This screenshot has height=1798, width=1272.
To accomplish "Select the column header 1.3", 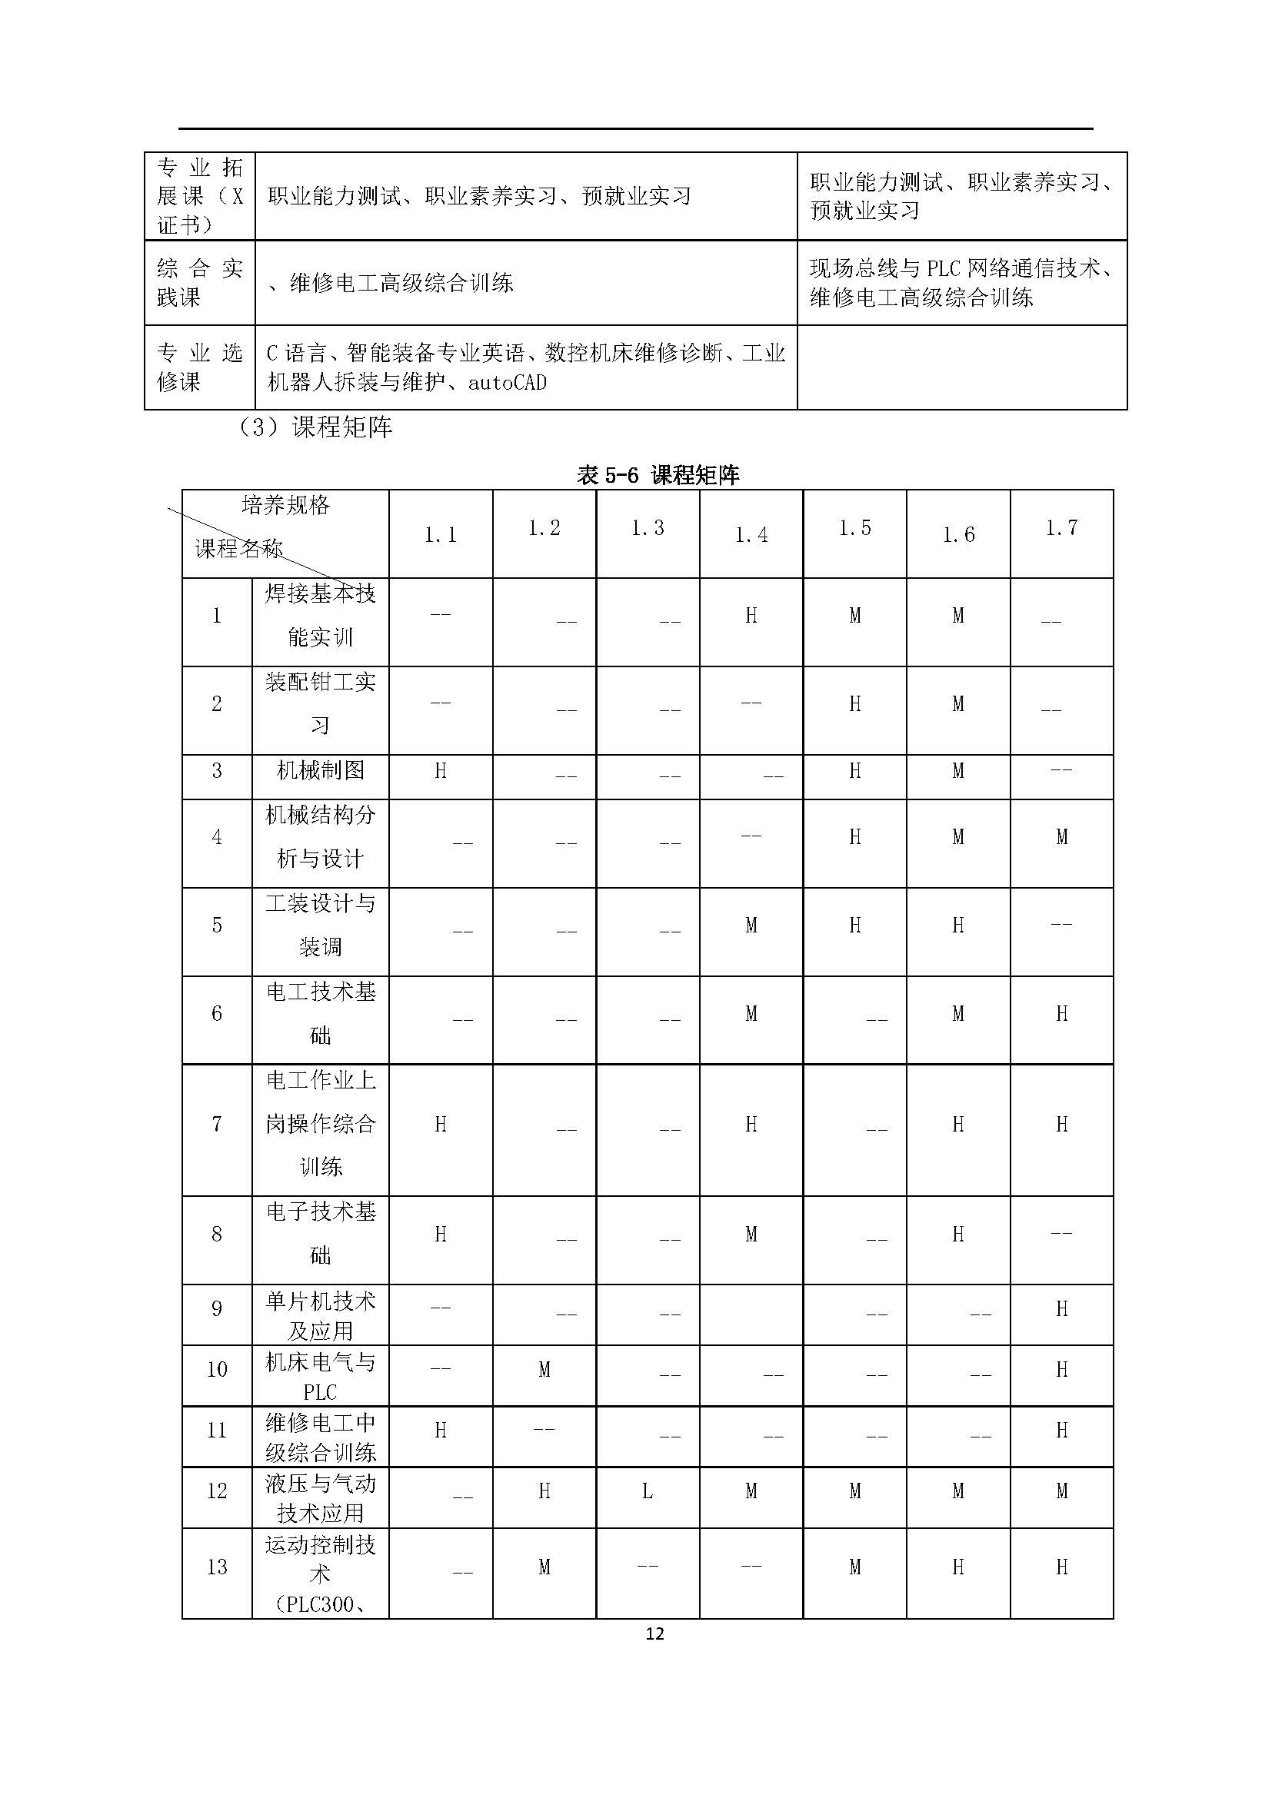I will [647, 529].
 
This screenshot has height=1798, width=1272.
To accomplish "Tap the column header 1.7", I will [1061, 529].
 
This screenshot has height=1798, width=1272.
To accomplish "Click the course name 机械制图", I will [321, 770].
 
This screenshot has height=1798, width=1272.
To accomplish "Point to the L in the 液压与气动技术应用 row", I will [647, 1491].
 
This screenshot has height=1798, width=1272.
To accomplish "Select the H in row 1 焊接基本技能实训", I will [751, 617].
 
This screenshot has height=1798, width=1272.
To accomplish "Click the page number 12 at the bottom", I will [654, 1633].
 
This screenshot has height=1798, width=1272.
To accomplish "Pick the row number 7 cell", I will [217, 1125].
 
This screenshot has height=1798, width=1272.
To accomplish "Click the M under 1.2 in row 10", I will [544, 1370].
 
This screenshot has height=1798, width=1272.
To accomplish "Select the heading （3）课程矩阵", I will [315, 427].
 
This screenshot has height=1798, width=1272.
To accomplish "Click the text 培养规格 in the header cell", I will [286, 505].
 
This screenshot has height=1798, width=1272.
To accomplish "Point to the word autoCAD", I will [507, 383].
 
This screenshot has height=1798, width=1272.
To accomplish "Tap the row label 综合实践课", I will [199, 283].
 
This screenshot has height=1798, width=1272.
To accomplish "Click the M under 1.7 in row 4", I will [1061, 838].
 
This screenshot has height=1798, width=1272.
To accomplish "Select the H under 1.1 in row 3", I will [440, 771].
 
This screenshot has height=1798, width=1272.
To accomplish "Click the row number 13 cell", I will [217, 1567].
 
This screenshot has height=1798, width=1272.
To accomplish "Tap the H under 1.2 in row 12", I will [544, 1491].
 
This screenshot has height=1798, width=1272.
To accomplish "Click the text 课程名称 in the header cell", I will [238, 549].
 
